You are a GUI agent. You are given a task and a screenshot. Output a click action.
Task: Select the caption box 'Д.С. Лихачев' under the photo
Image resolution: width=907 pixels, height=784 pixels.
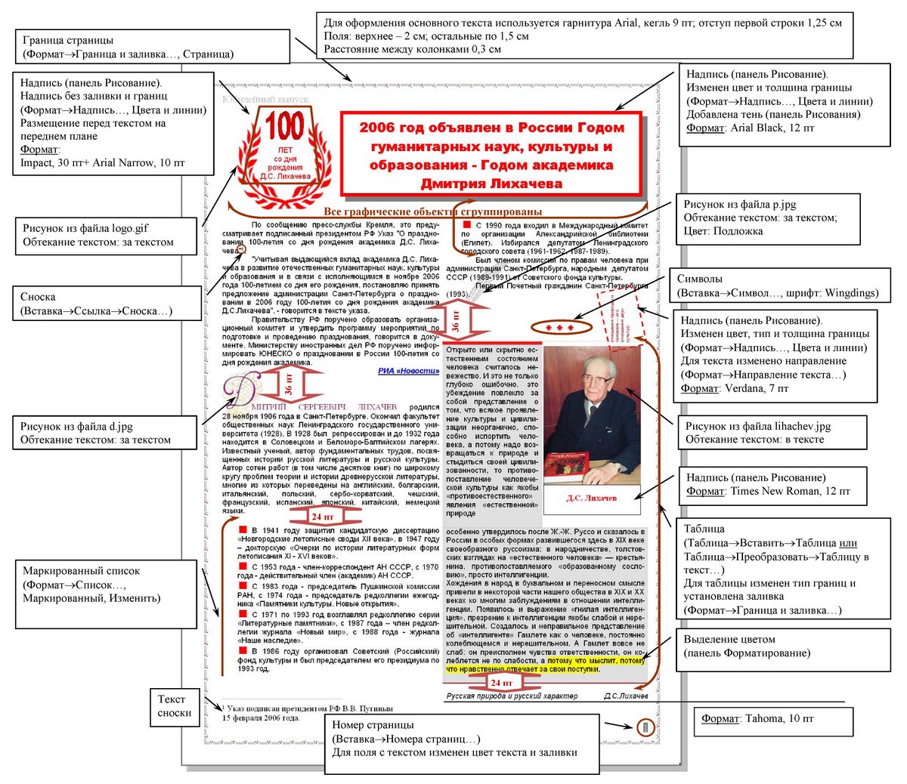pos(592,498)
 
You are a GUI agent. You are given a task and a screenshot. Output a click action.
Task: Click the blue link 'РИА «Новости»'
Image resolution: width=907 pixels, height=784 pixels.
pos(408,371)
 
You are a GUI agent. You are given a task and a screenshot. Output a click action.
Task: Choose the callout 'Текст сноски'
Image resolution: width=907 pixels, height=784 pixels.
pos(175,705)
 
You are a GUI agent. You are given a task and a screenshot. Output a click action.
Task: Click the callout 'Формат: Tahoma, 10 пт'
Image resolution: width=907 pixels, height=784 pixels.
pos(773,718)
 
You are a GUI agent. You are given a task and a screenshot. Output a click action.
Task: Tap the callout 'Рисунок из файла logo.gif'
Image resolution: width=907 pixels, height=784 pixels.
pos(106,235)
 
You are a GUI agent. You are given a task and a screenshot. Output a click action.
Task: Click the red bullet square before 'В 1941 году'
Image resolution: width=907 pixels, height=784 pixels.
pos(243,530)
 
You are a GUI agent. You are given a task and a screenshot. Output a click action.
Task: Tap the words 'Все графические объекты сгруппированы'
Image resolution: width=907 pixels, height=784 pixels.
pos(432,211)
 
